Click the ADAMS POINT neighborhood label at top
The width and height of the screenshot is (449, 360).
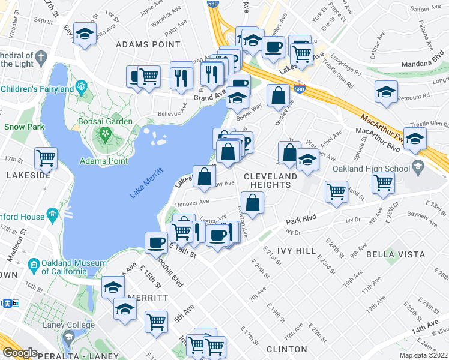148,44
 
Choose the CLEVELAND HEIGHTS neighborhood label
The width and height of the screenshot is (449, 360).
270,180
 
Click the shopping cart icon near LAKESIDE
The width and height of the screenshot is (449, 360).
46,158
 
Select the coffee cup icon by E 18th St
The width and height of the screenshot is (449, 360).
157,242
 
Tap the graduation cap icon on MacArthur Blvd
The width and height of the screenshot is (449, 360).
415,138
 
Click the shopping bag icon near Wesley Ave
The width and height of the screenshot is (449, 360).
277,95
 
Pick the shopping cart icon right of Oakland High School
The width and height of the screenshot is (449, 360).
383,182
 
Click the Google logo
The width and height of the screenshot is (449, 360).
20,353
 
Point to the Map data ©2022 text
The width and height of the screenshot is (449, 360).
423,355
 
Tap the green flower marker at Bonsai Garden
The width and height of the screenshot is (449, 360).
106,133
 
